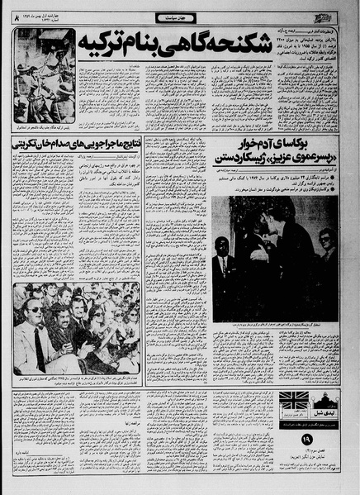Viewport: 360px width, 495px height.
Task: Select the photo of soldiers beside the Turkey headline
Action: [45, 76]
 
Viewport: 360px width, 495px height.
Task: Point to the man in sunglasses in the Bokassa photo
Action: [325, 248]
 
